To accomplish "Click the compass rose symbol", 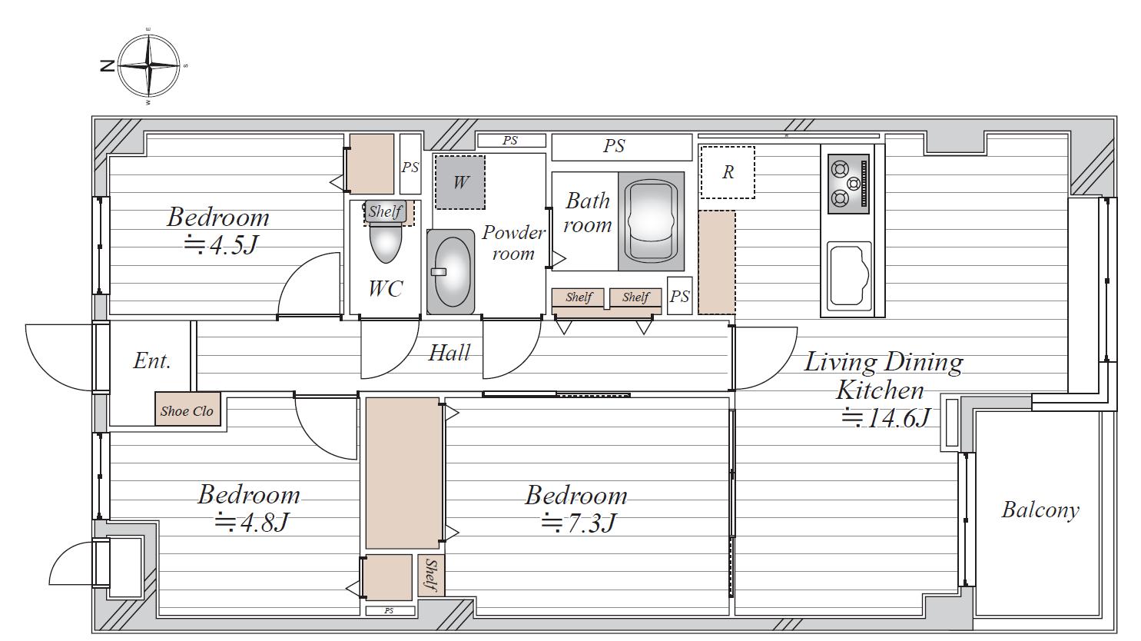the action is point(149,66).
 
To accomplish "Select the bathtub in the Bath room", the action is point(651,221).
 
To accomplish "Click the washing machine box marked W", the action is point(460,182).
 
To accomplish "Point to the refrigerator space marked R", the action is point(728,172).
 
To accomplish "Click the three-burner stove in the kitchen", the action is point(848,184).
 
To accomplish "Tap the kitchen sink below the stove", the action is point(848,276).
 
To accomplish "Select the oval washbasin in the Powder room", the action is point(451,271).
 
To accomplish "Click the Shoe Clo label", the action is point(187,410).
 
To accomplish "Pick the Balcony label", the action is point(1040,510).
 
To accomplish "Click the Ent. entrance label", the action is point(152,360).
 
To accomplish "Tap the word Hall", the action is point(449,353).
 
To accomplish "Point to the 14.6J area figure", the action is point(887,418).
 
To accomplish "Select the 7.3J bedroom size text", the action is point(579,523).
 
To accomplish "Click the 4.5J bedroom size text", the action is point(221,245).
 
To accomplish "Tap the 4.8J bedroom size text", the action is point(252,522).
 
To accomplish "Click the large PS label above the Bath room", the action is point(614,146).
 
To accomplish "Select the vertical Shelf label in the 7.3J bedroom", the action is point(431,576).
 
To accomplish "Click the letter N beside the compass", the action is point(108,66).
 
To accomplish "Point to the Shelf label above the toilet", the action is point(385,211).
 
